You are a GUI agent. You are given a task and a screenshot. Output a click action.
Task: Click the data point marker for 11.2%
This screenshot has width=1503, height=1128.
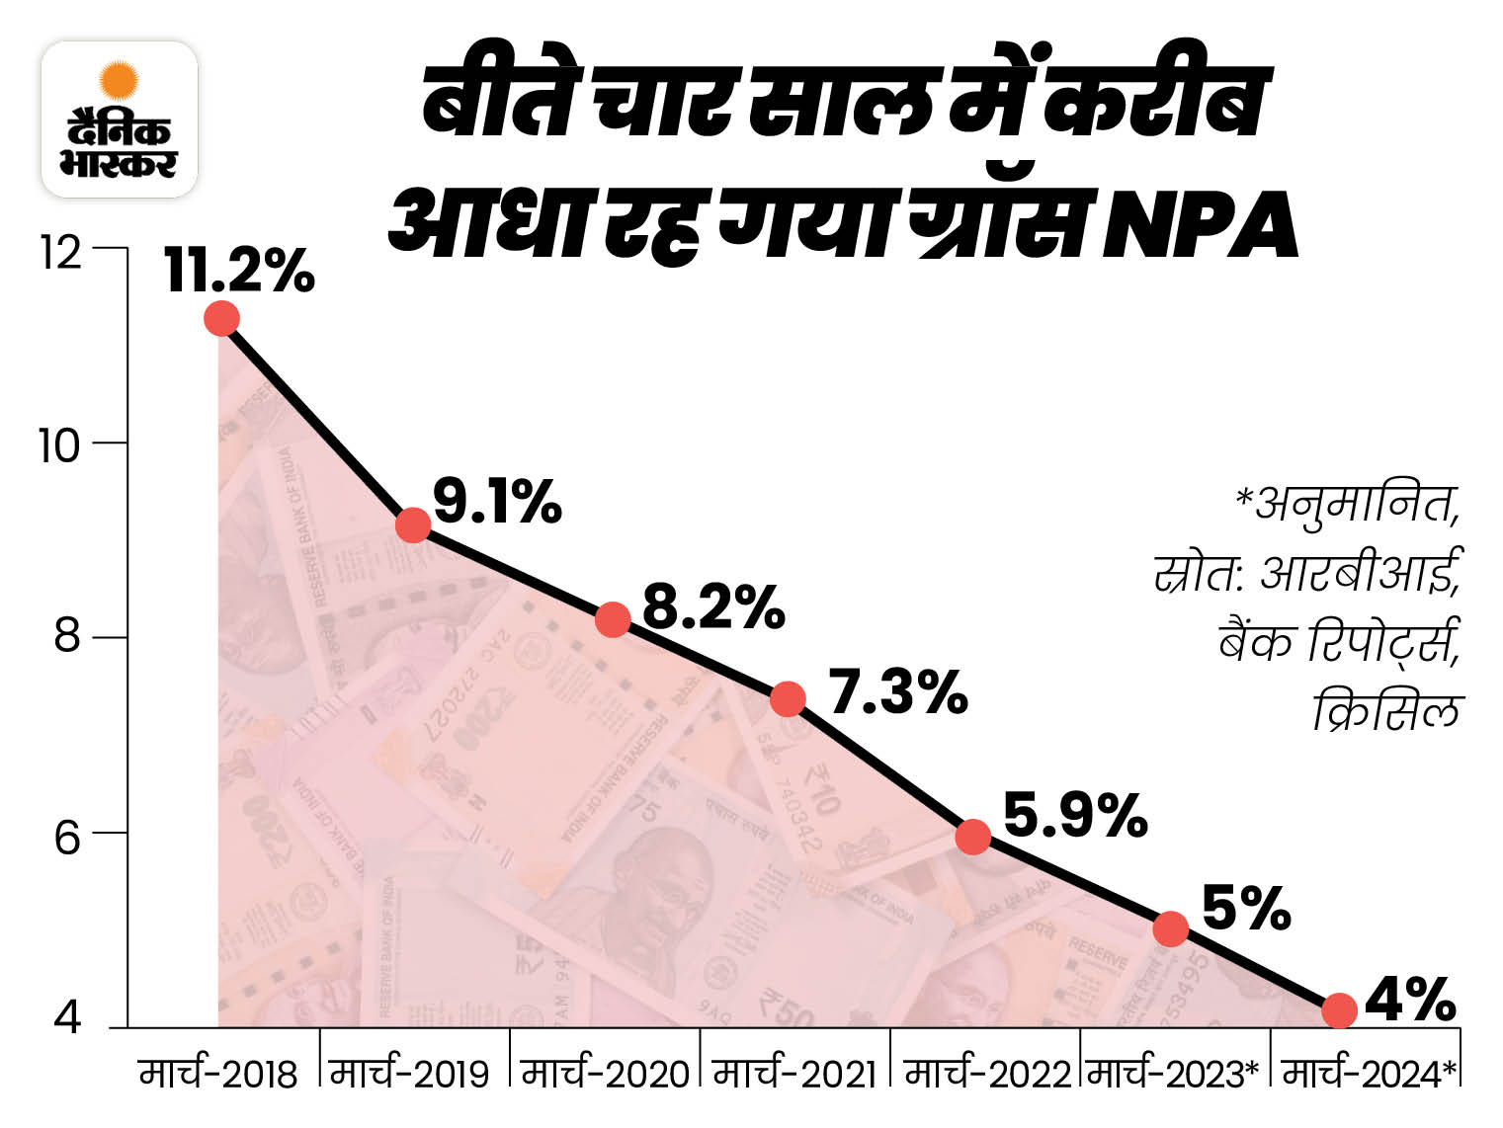(x=221, y=318)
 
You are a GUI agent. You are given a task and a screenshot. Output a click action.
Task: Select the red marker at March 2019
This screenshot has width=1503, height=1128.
(x=412, y=524)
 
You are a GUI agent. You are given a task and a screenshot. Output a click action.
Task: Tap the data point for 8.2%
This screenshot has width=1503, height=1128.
(x=613, y=619)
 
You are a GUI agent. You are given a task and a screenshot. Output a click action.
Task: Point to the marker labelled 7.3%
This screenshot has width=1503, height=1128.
(x=788, y=699)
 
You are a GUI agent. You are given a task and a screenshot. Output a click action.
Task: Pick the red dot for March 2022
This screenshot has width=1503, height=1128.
(x=973, y=837)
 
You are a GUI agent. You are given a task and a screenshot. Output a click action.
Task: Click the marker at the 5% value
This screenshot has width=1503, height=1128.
(x=1171, y=928)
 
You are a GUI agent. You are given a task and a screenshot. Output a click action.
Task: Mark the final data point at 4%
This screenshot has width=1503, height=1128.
(x=1340, y=1010)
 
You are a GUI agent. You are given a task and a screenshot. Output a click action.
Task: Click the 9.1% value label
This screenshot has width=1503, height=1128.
(x=497, y=502)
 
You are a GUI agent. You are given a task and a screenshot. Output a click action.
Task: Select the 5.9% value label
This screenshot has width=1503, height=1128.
(x=1075, y=816)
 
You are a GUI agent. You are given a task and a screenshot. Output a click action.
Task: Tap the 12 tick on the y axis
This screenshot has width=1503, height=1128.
(x=59, y=253)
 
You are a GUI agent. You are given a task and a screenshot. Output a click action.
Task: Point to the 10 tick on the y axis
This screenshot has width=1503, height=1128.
(x=59, y=446)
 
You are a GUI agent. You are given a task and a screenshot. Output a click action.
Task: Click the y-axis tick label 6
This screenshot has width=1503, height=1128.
(x=66, y=839)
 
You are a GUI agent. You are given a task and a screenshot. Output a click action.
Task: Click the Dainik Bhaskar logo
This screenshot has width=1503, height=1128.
(x=119, y=120)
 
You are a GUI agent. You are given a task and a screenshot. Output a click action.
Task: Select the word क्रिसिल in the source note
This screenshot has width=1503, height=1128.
(x=1386, y=710)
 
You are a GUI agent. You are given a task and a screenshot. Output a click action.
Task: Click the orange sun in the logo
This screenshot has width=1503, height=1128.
(x=120, y=80)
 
